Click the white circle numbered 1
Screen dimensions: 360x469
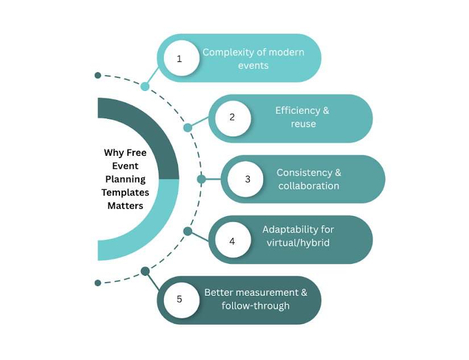180,59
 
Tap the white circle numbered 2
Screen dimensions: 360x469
232,118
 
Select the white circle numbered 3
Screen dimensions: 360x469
247,179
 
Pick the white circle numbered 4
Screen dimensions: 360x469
232,241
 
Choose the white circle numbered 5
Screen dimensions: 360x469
180,299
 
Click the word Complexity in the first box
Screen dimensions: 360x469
226,52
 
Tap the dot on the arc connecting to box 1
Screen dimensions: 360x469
145,86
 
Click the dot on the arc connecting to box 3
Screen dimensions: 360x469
201,179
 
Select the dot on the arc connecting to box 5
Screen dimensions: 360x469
145,271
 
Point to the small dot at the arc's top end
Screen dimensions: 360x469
98,75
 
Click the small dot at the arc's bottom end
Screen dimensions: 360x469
98,283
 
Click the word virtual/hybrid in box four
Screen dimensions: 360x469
298,242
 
